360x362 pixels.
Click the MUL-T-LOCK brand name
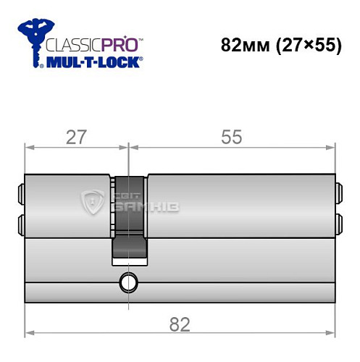[x=93, y=63]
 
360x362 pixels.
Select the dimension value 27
[x=70, y=137]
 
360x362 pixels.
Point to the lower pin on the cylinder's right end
[x=337, y=223]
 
